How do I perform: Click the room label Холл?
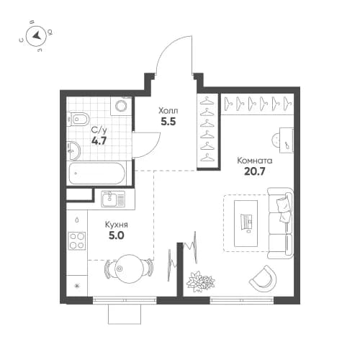169,112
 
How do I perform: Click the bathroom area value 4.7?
100,143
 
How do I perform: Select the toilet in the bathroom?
80,119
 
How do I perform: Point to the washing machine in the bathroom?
120,107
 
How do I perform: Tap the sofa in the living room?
279,223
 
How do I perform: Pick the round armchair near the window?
264,276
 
